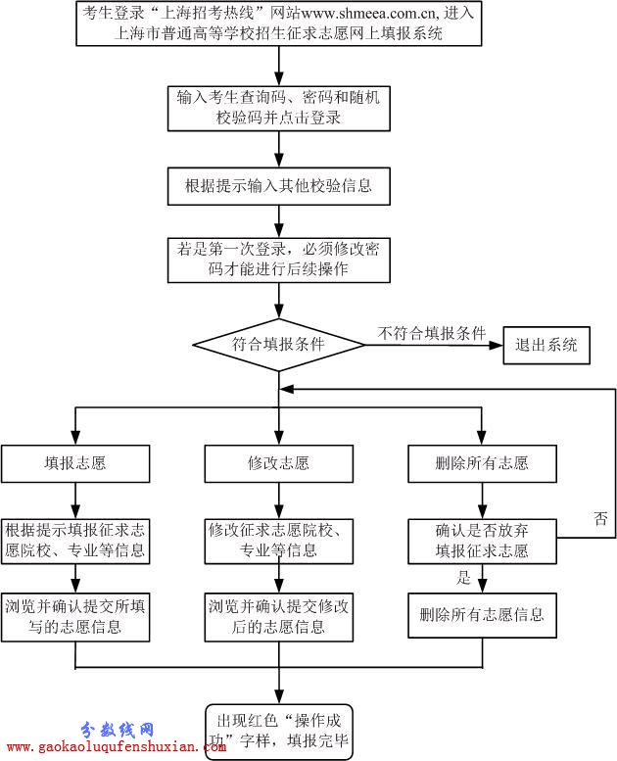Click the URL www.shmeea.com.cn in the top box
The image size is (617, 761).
(368, 13)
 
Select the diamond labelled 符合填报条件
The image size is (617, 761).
(279, 345)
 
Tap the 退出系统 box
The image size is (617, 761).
(546, 345)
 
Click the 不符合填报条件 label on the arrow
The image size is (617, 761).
(432, 333)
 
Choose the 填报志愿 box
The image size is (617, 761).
(75, 464)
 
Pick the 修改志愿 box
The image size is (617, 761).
(279, 464)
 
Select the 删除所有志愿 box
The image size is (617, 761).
(482, 464)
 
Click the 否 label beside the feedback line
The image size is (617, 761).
(600, 518)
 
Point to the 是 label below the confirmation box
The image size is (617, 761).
(464, 577)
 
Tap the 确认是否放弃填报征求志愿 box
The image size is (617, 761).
(482, 542)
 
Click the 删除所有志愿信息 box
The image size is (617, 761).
(482, 615)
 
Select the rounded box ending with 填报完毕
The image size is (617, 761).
(279, 732)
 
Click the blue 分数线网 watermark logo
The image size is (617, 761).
(117, 729)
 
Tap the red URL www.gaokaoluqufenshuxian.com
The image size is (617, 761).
(116, 746)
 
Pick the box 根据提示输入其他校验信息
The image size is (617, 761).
(279, 186)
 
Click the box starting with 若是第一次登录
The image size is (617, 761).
(279, 261)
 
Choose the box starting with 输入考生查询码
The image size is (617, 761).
(279, 109)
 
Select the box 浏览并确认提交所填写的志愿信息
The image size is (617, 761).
(75, 617)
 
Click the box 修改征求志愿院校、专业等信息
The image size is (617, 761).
(279, 542)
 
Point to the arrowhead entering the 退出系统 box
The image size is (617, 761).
(497, 345)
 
